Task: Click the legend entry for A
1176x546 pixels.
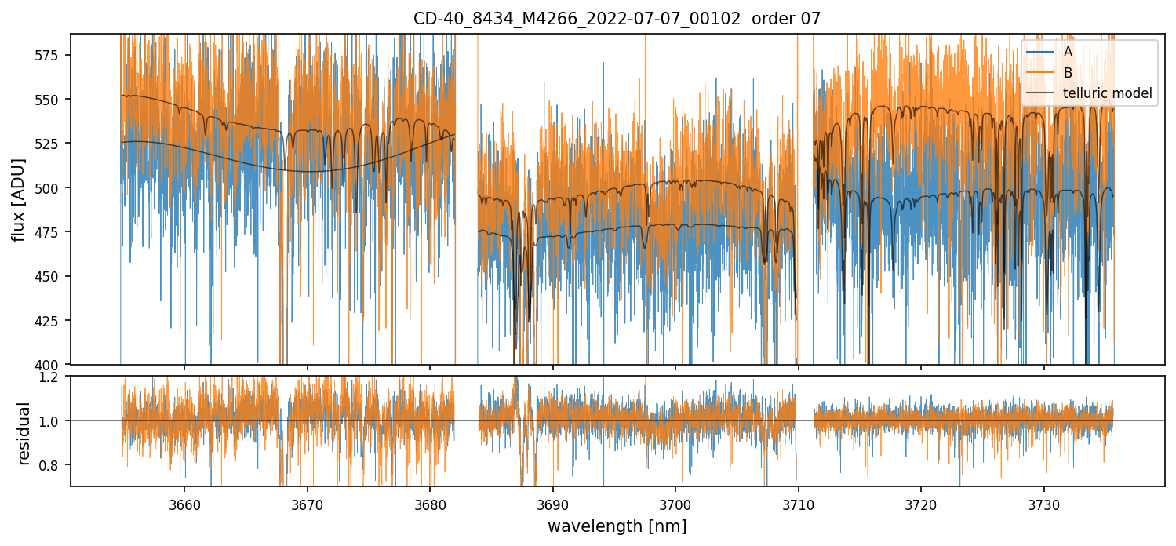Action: [1068, 53]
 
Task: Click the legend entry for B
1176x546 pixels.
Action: [1068, 73]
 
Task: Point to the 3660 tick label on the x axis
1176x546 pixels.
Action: [184, 504]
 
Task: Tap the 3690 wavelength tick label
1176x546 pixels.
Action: [552, 504]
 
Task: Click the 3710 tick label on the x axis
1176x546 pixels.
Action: [798, 504]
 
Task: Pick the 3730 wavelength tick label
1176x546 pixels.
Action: [1043, 504]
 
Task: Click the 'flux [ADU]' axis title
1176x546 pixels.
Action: [19, 199]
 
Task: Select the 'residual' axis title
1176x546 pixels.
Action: [24, 433]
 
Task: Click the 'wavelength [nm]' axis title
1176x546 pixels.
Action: [617, 526]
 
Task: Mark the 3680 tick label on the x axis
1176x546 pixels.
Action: [430, 504]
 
